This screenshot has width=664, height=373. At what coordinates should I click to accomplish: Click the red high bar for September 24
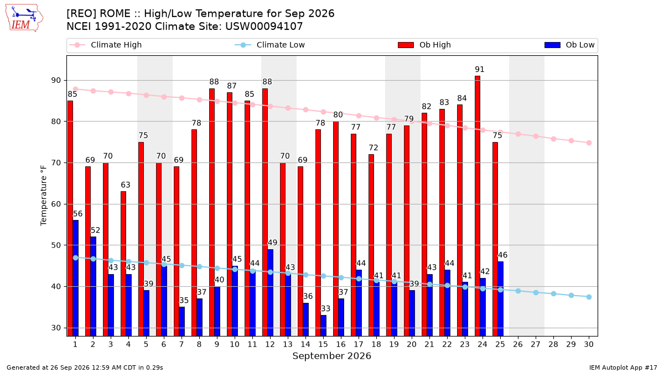pyautogui.click(x=477, y=206)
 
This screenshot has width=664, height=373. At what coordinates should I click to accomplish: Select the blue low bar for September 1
pyautogui.click(x=76, y=278)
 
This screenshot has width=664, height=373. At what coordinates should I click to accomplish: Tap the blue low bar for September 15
pyautogui.click(x=323, y=325)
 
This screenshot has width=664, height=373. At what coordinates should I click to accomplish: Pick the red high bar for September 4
pyautogui.click(x=123, y=264)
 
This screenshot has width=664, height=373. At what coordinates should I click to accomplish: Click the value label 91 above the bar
pyautogui.click(x=480, y=69)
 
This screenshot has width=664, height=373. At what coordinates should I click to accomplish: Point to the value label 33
pyautogui.click(x=325, y=308)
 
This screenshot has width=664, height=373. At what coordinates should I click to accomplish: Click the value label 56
pyautogui.click(x=77, y=214)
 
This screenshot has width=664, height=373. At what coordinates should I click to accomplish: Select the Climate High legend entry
pyautogui.click(x=106, y=45)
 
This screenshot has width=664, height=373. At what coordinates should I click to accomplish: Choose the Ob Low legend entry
pyautogui.click(x=569, y=45)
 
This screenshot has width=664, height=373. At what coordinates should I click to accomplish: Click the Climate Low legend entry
pyautogui.click(x=270, y=45)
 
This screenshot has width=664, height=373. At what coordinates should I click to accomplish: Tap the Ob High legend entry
pyautogui.click(x=424, y=45)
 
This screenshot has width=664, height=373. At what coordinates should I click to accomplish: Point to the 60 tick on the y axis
pyautogui.click(x=56, y=204)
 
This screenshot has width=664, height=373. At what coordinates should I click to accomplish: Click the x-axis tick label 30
pyautogui.click(x=589, y=344)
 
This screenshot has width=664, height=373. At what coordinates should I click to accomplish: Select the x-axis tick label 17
pyautogui.click(x=359, y=344)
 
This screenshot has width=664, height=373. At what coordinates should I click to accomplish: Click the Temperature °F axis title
pyautogui.click(x=44, y=196)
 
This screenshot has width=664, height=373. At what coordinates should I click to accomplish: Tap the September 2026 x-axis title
pyautogui.click(x=331, y=356)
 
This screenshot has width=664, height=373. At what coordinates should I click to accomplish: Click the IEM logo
pyautogui.click(x=24, y=18)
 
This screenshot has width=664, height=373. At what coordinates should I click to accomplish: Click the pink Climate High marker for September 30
pyautogui.click(x=589, y=143)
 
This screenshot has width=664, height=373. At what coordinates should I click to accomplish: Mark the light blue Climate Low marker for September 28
pyautogui.click(x=553, y=293)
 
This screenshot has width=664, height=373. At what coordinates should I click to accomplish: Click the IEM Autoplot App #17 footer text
pyautogui.click(x=623, y=367)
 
